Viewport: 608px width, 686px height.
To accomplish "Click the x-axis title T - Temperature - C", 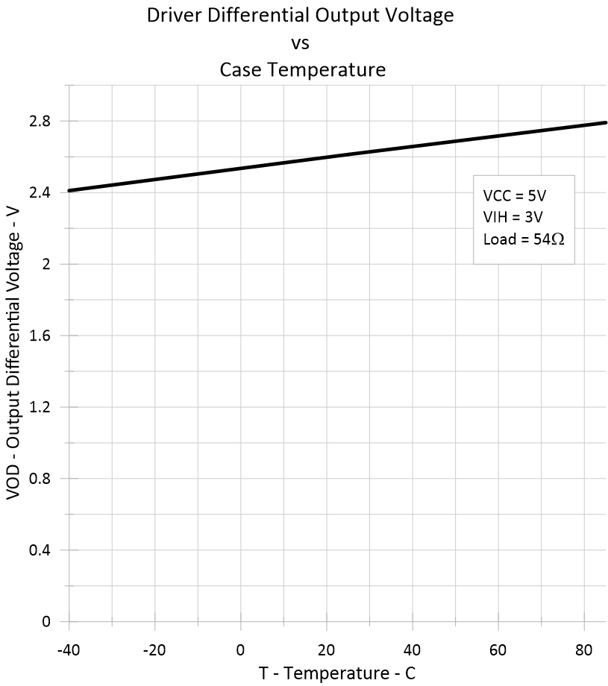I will [x=337, y=673].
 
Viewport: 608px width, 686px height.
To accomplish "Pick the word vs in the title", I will [x=300, y=43].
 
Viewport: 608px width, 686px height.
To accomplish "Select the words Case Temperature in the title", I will [x=302, y=71].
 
